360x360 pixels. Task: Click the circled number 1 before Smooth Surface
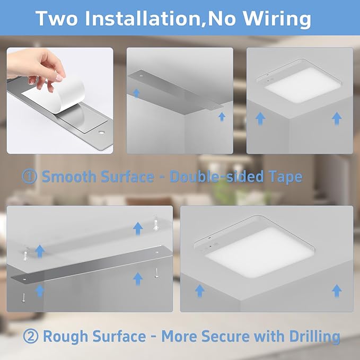[30, 177]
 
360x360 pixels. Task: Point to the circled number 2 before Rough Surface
[30, 336]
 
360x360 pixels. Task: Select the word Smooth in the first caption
[69, 177]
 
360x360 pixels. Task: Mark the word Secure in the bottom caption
[225, 336]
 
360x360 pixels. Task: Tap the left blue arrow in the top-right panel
[260, 118]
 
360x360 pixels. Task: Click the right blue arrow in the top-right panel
[337, 118]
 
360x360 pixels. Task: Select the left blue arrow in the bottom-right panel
[199, 290]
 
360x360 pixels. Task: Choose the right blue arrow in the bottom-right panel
[337, 290]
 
